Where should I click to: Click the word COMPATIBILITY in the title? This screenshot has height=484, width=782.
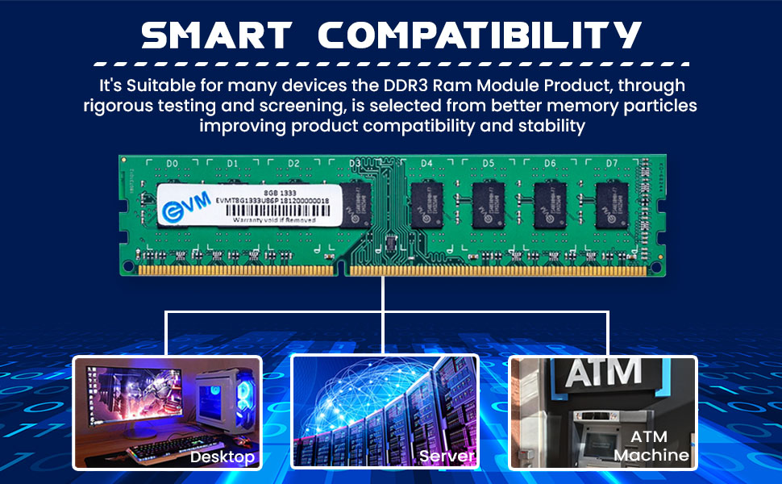pyautogui.click(x=480, y=35)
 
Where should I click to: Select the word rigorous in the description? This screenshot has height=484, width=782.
pyautogui.click(x=121, y=106)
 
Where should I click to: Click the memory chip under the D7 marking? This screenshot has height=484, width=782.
pyautogui.click(x=611, y=203)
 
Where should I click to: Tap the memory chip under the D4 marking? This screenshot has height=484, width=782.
pyautogui.click(x=426, y=203)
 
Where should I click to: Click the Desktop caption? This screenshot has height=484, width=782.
pyautogui.click(x=223, y=457)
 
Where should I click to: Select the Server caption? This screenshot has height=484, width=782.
pyautogui.click(x=446, y=457)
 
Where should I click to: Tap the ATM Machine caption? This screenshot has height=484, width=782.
pyautogui.click(x=651, y=445)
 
